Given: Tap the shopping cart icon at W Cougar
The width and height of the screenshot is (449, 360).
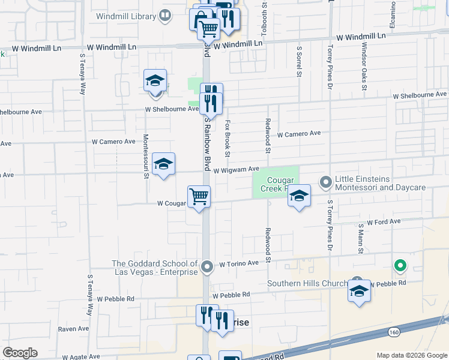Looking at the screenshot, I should (199, 196).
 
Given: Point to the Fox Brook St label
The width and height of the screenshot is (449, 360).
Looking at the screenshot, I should (228, 138).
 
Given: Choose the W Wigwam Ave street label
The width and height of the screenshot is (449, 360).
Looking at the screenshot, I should (236, 170).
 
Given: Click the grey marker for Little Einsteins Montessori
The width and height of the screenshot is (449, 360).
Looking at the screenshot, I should (326, 181).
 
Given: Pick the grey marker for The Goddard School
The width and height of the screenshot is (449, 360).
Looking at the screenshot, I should (207, 266).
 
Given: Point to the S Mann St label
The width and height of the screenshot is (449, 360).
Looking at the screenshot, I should (361, 237).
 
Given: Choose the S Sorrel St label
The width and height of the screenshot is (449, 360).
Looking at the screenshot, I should (298, 61).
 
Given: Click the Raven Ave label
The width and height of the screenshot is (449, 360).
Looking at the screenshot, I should (73, 329).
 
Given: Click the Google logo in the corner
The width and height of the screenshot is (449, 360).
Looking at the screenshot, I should (20, 353).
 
